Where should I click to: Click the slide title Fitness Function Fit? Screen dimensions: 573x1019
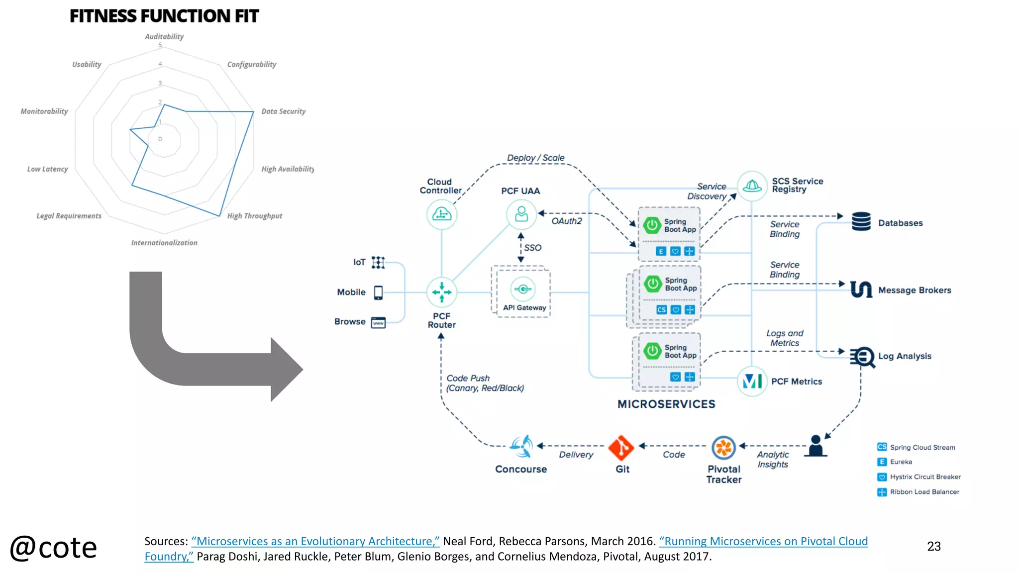point(164,16)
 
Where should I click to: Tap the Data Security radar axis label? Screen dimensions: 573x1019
point(283,111)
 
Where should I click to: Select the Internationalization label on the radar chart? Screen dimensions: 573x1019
point(164,243)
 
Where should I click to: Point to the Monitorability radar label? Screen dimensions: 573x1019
point(44,111)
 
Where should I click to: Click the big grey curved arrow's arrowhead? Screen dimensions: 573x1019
point(286,369)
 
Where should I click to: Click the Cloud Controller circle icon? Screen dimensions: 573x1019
point(441,214)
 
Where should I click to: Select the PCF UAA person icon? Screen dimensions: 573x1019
point(521,214)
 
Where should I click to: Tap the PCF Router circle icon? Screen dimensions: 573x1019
point(441,292)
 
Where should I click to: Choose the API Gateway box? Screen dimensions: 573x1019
point(523,292)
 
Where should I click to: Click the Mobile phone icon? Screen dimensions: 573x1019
point(378,292)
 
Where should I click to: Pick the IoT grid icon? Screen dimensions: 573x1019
point(378,262)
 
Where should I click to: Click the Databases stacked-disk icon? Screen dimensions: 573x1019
point(861,222)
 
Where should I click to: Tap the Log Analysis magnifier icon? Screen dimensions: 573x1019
point(863,357)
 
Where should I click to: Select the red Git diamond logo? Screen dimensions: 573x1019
point(621,448)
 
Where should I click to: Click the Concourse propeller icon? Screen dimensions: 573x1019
point(521,446)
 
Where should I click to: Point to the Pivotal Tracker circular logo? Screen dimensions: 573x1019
point(723,448)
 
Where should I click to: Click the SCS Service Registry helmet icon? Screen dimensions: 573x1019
point(752,187)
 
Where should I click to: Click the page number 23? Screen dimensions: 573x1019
point(933,547)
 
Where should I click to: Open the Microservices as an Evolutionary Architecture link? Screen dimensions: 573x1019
point(315,541)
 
